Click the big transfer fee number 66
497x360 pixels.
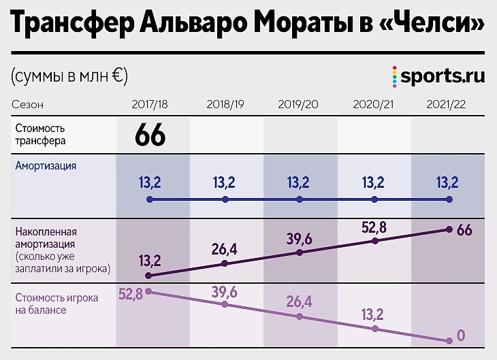coord(150,134)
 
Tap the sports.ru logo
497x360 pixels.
coord(438,75)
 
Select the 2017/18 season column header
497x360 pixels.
coord(150,105)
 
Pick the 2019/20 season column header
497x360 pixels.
coord(298,105)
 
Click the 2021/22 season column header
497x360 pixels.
coord(447,105)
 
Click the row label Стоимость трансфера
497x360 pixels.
coord(40,134)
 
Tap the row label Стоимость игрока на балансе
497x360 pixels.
coord(56,304)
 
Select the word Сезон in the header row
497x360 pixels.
coord(27,105)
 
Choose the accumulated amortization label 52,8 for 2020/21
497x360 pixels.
coord(373,227)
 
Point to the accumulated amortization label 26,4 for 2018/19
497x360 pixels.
coord(224,249)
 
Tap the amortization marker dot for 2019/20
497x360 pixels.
coord(299,200)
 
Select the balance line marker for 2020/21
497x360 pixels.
coord(374,328)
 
